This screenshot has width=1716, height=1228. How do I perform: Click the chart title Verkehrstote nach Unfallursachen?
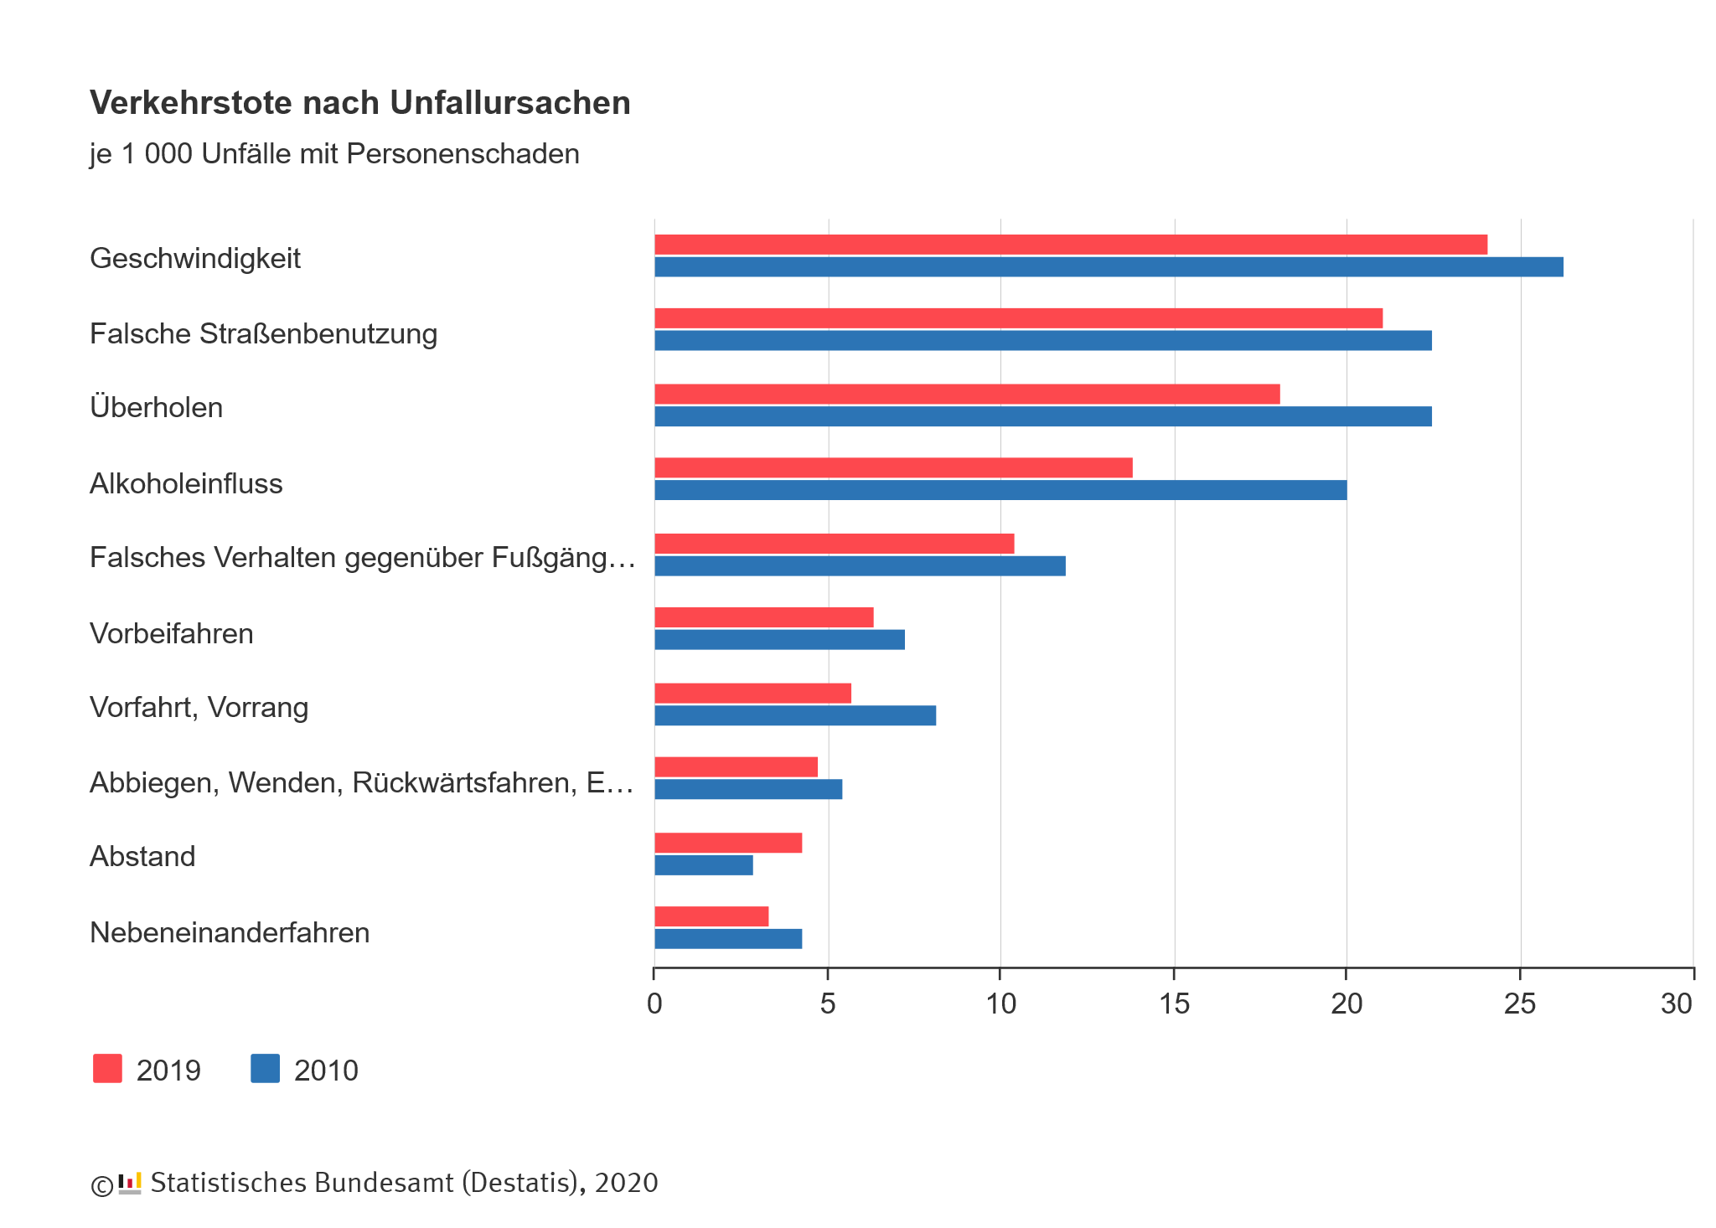359,103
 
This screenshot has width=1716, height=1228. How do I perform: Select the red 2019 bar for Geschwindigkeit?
1070,245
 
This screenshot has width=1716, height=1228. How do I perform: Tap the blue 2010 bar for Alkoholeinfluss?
1000,490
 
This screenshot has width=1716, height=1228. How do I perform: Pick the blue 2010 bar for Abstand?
703,865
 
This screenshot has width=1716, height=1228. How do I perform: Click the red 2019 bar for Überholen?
966,394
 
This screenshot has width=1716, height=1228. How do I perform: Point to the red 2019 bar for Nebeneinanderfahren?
711,916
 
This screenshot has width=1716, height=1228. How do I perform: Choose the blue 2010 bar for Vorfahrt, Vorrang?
794,715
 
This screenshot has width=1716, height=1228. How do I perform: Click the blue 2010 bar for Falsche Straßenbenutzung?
1042,340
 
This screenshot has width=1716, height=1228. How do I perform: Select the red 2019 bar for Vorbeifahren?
763,617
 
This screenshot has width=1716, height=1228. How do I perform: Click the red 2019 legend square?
107,1069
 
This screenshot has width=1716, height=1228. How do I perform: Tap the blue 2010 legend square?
265,1069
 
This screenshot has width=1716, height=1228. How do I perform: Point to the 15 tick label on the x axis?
1174,1004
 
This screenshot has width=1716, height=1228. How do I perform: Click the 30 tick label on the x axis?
1677,1004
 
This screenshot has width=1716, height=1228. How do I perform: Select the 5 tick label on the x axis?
828,1004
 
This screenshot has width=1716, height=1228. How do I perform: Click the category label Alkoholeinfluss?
186,483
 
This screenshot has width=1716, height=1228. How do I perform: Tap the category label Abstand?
142,856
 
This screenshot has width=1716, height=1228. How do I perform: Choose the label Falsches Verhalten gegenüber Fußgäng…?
362,557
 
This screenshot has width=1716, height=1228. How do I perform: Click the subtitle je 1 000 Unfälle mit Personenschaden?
334,154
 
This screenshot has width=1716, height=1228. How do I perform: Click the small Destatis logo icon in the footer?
130,1183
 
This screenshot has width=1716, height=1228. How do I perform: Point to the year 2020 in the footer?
626,1183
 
